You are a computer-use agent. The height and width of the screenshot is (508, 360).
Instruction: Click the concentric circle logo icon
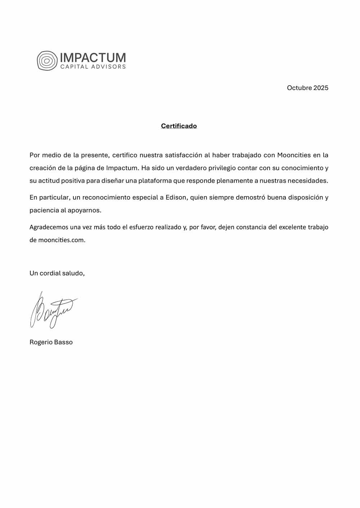[x=47, y=60]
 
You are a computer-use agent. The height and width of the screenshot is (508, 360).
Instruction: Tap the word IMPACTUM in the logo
[x=93, y=58]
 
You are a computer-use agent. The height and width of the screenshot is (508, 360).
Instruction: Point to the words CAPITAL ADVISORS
[x=93, y=67]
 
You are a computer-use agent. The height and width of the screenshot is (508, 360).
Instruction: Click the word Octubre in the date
[x=299, y=88]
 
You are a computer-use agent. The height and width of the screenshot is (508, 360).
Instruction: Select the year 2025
[x=321, y=88]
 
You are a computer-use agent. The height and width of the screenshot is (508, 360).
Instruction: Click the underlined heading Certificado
[x=179, y=126]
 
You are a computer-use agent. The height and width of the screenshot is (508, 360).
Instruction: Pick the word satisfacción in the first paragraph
[x=183, y=155]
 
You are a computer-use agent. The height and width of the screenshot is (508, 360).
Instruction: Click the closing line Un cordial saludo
[x=57, y=273]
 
